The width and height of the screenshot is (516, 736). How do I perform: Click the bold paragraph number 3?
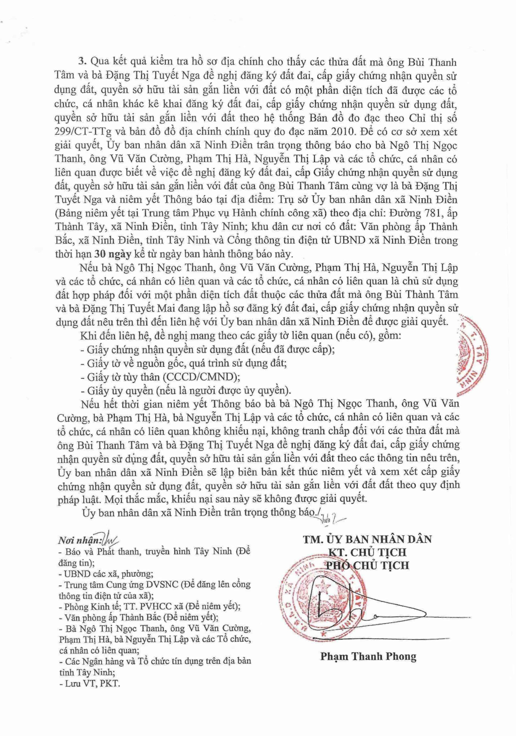(x=83, y=62)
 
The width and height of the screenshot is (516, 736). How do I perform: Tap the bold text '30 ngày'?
(x=113, y=254)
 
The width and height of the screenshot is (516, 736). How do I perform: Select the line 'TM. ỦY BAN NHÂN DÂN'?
(x=367, y=539)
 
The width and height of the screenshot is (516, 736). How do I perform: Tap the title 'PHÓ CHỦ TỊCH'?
(x=367, y=565)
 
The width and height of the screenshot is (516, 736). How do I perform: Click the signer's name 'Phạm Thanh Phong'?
(x=368, y=656)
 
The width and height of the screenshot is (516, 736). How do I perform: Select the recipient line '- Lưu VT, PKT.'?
(x=90, y=684)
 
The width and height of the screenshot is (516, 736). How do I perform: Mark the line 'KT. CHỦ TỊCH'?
(x=367, y=552)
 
